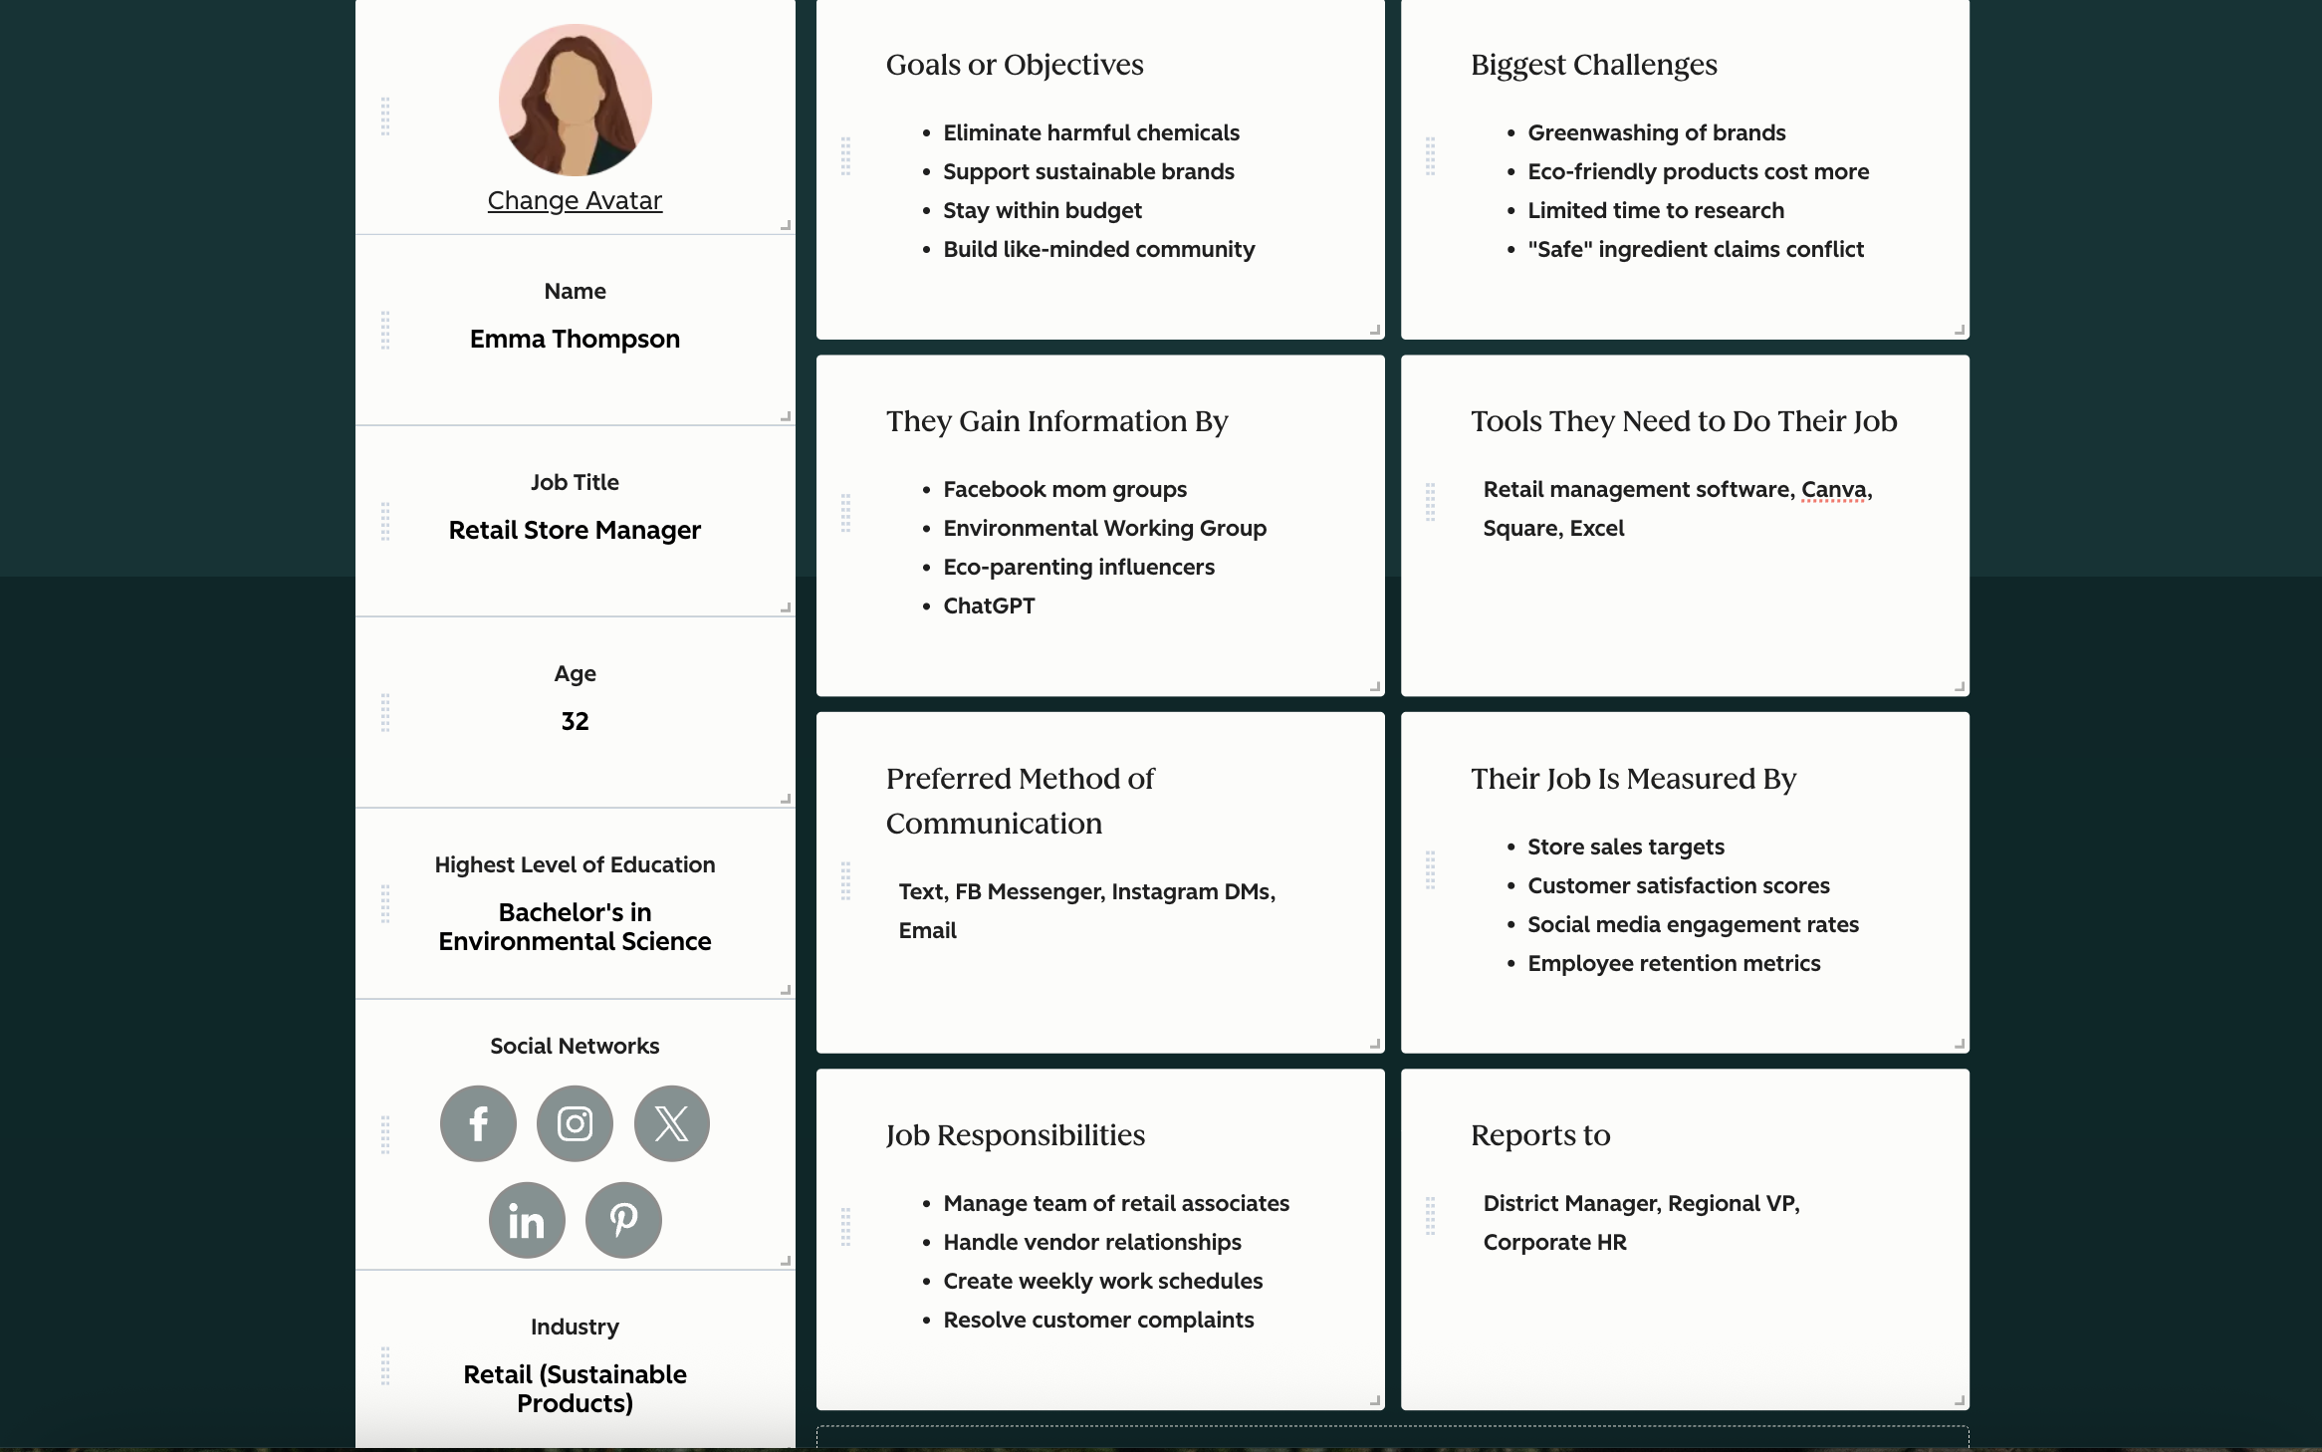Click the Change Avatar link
(x=575, y=200)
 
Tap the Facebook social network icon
(x=478, y=1123)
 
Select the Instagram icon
(x=575, y=1123)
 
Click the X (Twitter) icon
(x=672, y=1123)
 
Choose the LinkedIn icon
(x=527, y=1220)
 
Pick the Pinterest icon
(x=623, y=1220)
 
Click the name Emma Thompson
(x=575, y=339)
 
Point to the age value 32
(x=575, y=721)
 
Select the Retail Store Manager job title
(x=575, y=530)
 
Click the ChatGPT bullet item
(x=989, y=605)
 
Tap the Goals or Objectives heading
(x=1015, y=65)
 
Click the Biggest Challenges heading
(x=1593, y=65)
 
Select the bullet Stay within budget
(x=1043, y=210)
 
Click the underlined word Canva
(x=1833, y=489)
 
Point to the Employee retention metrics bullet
(x=1674, y=963)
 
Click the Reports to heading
(x=1540, y=1135)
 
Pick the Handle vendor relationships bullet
(x=1092, y=1242)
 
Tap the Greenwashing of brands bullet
(x=1657, y=132)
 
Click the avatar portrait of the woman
(x=575, y=101)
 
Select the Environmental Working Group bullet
(x=1104, y=528)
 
